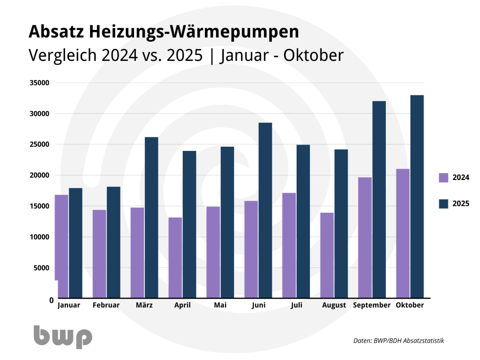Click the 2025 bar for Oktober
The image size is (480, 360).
pyautogui.click(x=417, y=196)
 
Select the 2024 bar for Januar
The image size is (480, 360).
pyautogui.click(x=61, y=246)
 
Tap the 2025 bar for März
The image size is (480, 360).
pyautogui.click(x=151, y=217)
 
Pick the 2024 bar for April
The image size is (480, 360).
pyautogui.click(x=175, y=257)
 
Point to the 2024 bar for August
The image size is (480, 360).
pyautogui.click(x=327, y=255)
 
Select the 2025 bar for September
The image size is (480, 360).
pyautogui.click(x=379, y=199)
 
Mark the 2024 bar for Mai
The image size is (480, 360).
pyautogui.click(x=213, y=252)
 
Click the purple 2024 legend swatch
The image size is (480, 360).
pyautogui.click(x=443, y=178)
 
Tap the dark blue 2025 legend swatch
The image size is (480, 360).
pyautogui.click(x=443, y=203)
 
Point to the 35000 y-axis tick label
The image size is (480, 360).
pyautogui.click(x=39, y=83)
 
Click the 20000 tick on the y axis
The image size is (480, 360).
pyautogui.click(x=39, y=175)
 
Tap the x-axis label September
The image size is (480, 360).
pyautogui.click(x=372, y=305)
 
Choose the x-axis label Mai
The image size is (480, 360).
pyautogui.click(x=220, y=305)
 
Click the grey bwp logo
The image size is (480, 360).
pyautogui.click(x=63, y=336)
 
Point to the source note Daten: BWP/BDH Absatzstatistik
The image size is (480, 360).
pyautogui.click(x=398, y=341)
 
